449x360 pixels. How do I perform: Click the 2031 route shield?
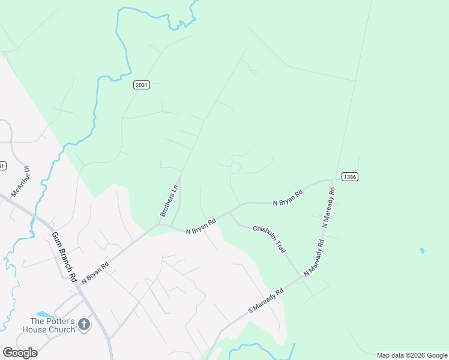[142, 85]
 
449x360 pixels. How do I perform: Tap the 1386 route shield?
[351, 176]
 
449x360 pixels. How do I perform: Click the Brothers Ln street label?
[169, 200]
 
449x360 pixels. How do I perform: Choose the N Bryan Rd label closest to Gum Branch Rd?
[95, 272]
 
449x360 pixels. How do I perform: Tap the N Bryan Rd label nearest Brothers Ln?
[200, 226]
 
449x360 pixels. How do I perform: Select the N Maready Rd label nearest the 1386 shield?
[328, 206]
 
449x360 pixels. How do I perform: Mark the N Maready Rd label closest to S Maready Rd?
[314, 258]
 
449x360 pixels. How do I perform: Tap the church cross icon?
[84, 325]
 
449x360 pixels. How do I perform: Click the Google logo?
[20, 353]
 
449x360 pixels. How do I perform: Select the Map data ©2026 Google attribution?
[412, 355]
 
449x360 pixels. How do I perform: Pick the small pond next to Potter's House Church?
[43, 314]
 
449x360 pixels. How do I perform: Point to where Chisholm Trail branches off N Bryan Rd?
[230, 212]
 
